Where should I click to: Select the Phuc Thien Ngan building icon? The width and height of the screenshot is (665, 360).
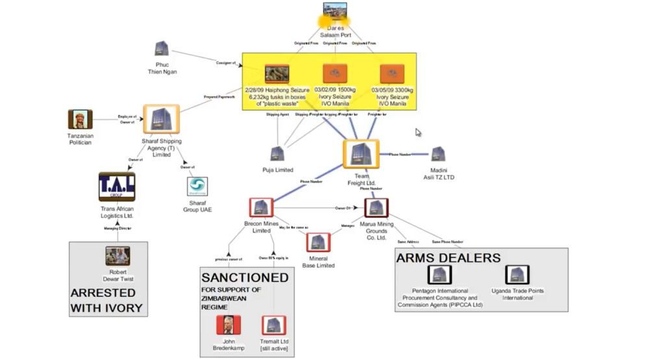click(x=162, y=49)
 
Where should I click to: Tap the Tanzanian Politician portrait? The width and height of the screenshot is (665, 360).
click(x=81, y=120)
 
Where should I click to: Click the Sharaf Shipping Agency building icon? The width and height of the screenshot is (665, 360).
click(x=161, y=119)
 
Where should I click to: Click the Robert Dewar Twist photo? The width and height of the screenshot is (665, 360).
click(x=118, y=255)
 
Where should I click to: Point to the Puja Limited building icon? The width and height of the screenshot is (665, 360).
click(x=278, y=154)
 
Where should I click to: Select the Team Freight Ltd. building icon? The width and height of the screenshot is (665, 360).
click(x=360, y=155)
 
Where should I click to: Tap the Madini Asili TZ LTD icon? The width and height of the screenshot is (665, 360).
click(x=438, y=154)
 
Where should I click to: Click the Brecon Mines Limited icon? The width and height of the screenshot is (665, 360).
click(x=261, y=208)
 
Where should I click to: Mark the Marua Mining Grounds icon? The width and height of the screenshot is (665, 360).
click(x=376, y=208)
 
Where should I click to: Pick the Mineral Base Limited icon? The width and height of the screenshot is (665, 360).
click(x=318, y=242)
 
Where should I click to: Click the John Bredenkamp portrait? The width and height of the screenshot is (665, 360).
click(x=229, y=324)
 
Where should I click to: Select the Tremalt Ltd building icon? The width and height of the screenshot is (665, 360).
click(x=273, y=325)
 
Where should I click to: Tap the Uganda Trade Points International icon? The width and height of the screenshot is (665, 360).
click(x=518, y=275)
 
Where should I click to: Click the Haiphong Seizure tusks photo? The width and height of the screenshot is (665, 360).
click(x=277, y=73)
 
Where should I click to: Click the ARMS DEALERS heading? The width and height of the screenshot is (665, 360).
click(x=448, y=258)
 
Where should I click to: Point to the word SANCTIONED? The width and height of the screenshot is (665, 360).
click(x=245, y=277)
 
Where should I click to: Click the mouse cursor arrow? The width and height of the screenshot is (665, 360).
click(x=418, y=132)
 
